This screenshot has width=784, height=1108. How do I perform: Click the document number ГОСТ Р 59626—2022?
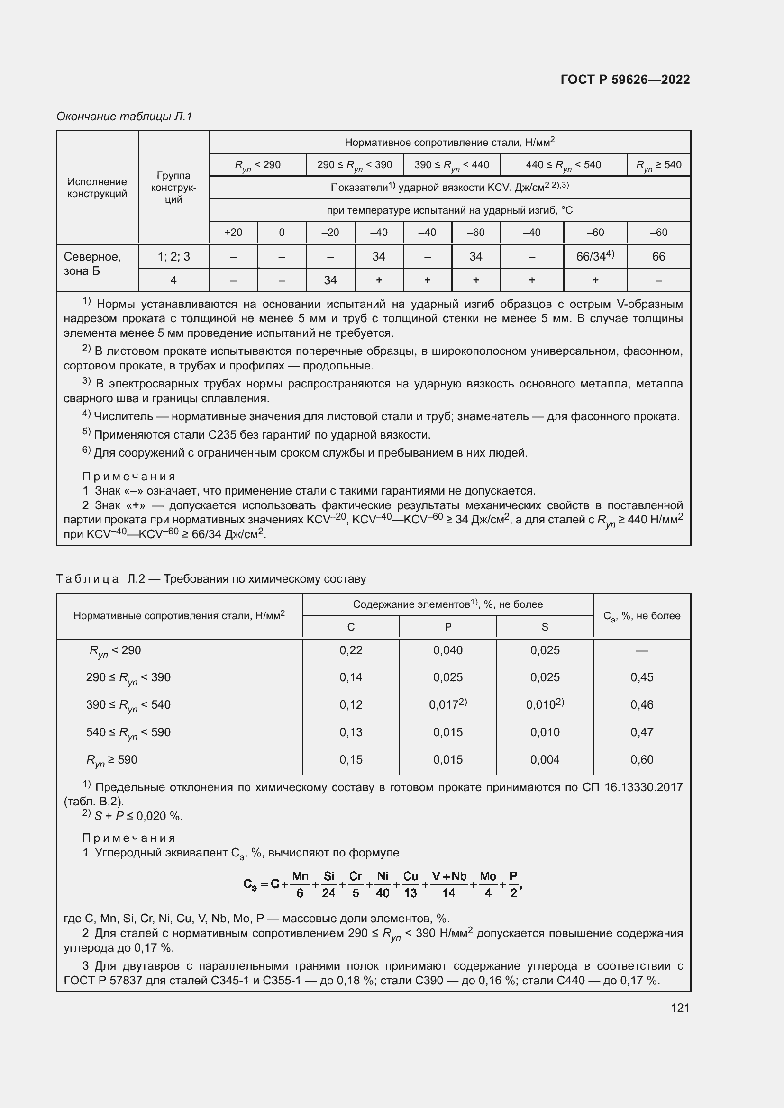point(625,80)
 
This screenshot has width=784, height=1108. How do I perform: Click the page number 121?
point(680,1008)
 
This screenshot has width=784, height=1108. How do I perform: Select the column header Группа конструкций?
point(173,187)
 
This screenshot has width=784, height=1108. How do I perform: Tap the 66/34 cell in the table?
point(595,256)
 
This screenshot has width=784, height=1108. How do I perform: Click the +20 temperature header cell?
point(233,233)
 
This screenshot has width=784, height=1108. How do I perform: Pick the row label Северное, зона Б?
point(92,263)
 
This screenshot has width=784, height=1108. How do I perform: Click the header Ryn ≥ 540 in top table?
point(658,165)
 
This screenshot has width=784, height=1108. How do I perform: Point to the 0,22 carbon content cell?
point(350,650)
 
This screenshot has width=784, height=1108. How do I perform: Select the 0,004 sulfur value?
point(545,759)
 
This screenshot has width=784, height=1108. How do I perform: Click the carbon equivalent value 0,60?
point(642,759)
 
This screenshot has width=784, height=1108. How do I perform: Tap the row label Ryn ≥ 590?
point(112,760)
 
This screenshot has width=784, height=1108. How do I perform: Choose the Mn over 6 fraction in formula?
point(300,884)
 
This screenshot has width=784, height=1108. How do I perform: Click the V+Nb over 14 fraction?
point(448,884)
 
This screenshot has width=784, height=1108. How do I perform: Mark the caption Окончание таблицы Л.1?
point(125,117)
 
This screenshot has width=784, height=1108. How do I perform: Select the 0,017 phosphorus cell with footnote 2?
point(447,704)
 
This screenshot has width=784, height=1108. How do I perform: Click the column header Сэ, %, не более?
point(642,616)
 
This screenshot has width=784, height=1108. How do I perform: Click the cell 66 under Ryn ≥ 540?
point(658,256)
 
